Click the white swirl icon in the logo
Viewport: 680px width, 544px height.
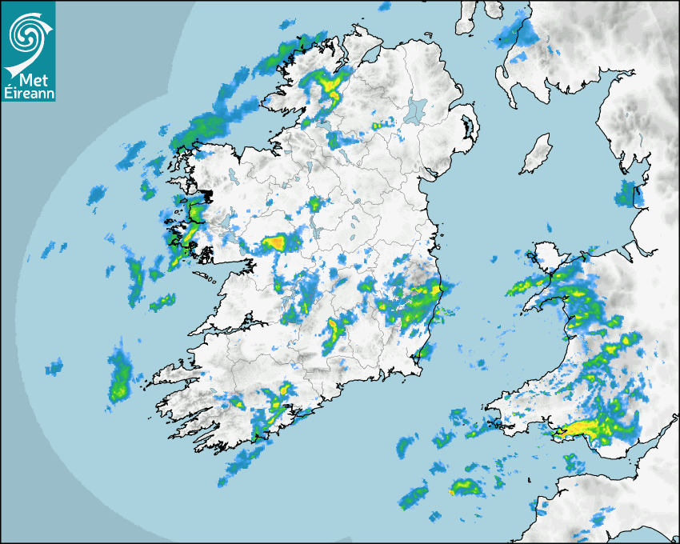coord(26,34)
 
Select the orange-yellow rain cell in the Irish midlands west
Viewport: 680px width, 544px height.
coord(274,242)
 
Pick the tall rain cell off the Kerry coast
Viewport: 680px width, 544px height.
coord(120,378)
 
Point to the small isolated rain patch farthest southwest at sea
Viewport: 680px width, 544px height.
coord(54,368)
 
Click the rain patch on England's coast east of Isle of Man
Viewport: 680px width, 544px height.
coord(627,194)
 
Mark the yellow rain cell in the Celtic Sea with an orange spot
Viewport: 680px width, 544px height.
coord(462,486)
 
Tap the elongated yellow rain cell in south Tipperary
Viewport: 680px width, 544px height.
coord(334,332)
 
